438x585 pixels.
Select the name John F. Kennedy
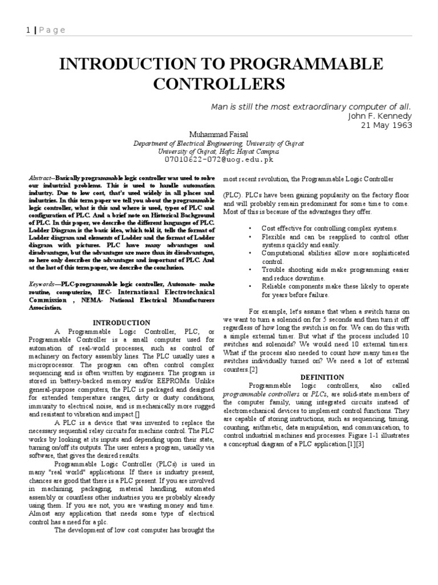tap(379, 116)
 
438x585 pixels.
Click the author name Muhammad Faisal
tap(218, 134)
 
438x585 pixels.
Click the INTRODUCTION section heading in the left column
tap(121, 323)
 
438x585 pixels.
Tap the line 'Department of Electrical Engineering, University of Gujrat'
tap(218, 143)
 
